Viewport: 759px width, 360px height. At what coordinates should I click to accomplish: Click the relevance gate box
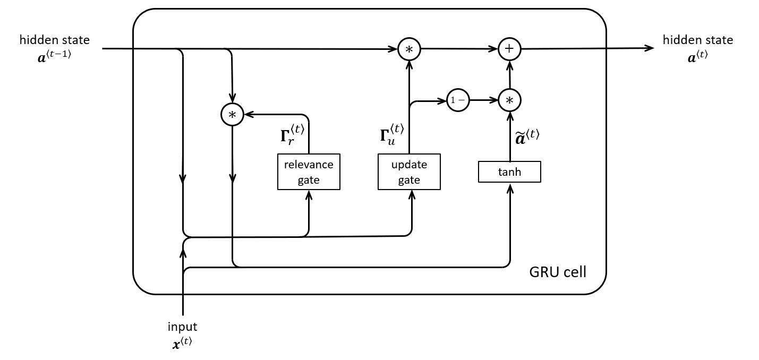click(x=309, y=172)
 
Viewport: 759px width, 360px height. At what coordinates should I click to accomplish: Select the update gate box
click(x=409, y=172)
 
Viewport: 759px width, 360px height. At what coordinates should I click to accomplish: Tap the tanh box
click(x=509, y=172)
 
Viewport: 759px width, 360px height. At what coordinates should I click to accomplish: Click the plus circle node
click(x=509, y=49)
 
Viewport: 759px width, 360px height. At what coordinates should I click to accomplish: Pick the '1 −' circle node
click(x=458, y=100)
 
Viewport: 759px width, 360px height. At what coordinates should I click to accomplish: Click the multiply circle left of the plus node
click(x=409, y=49)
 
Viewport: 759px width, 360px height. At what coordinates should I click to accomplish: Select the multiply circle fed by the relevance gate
click(x=232, y=114)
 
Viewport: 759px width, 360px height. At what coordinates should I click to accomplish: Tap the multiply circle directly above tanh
click(x=509, y=100)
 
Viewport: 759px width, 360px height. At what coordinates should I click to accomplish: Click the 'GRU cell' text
click(x=558, y=272)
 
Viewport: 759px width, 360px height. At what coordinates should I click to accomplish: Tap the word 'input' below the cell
click(x=182, y=327)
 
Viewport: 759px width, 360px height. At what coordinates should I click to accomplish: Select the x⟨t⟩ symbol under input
click(x=182, y=342)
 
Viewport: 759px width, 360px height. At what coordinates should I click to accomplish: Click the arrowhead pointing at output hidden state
click(x=649, y=48)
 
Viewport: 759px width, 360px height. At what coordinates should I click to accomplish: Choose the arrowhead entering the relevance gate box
click(x=309, y=194)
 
